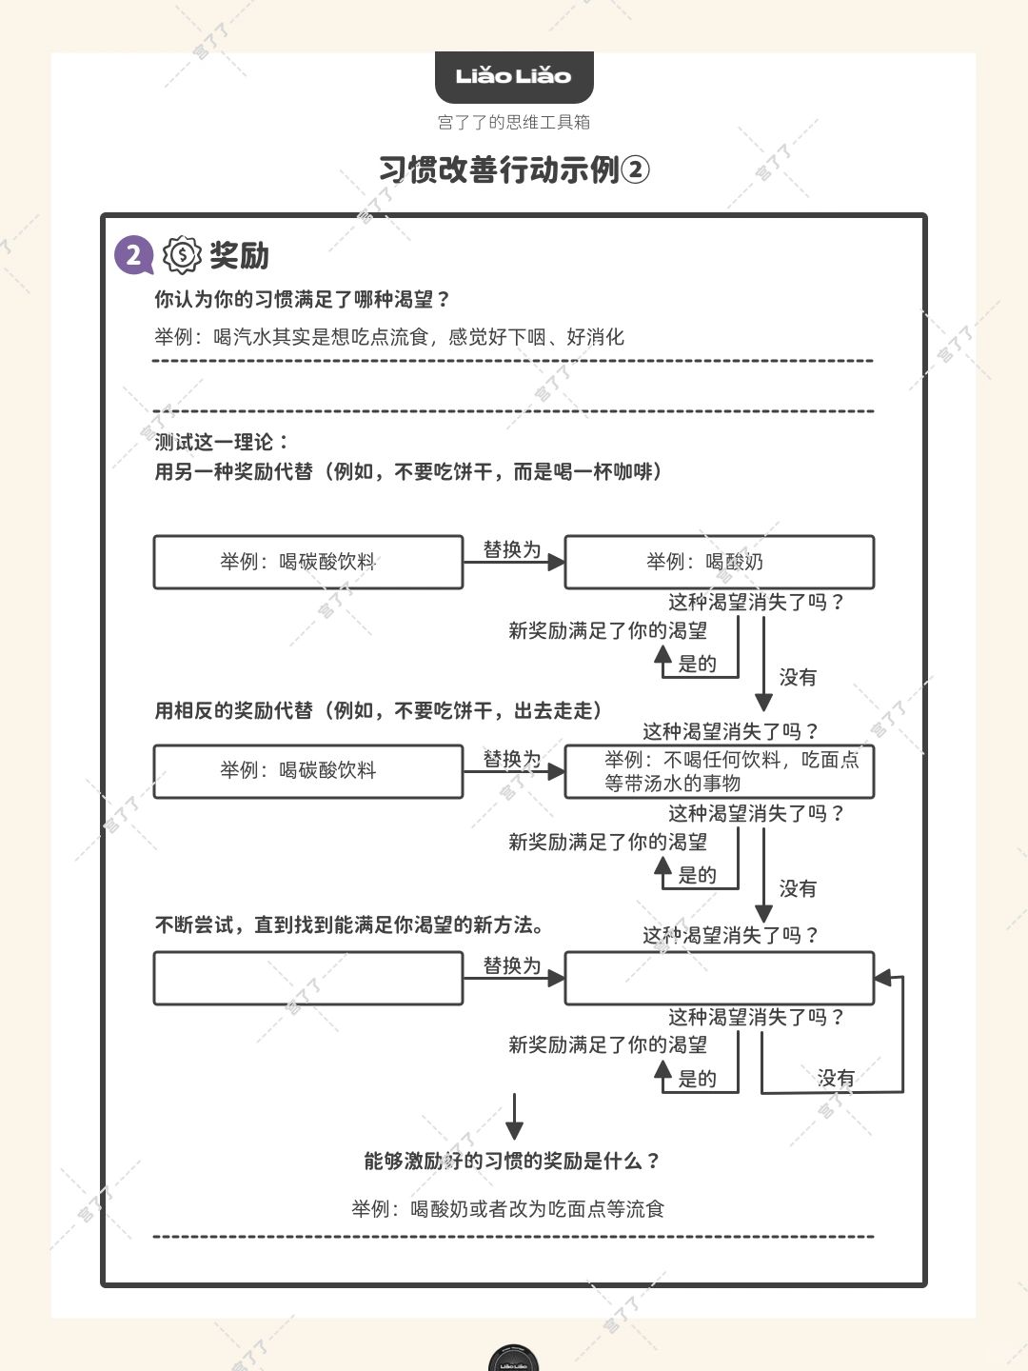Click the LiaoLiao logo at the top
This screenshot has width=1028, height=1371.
point(514,76)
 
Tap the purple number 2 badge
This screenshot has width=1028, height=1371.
point(133,255)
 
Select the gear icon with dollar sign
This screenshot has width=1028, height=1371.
point(182,255)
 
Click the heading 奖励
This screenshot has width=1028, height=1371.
point(239,255)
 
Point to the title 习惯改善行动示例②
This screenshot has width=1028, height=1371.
point(514,169)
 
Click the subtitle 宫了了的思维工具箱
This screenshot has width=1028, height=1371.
point(514,122)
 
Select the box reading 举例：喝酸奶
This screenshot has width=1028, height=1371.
point(719,562)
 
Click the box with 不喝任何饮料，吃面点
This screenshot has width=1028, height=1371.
point(719,771)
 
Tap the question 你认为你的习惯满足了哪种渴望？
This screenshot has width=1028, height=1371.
point(302,300)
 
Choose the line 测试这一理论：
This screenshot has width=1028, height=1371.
point(223,442)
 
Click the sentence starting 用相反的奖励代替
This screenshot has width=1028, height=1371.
point(378,710)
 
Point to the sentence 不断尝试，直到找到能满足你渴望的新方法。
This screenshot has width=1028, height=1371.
point(349,924)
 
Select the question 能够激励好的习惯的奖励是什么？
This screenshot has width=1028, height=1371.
point(512,1162)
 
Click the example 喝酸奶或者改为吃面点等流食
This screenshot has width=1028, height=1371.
point(507,1209)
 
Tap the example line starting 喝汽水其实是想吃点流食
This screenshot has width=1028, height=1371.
point(389,337)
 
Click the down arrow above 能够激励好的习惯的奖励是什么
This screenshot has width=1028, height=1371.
point(514,1116)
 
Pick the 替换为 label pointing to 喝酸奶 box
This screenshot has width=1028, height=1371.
point(512,549)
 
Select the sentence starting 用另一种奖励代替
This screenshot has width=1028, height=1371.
point(408,471)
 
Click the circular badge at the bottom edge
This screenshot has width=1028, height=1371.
point(514,1359)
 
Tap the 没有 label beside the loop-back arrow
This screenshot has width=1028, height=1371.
point(836,1078)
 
